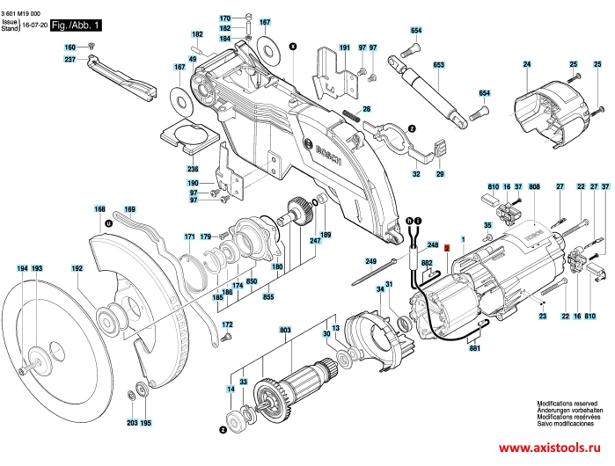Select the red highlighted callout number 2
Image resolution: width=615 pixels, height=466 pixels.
tap(447, 249)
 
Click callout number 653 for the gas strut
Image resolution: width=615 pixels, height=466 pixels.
tap(438, 64)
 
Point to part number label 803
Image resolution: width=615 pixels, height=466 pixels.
tap(285, 330)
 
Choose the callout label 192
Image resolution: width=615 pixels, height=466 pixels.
tap(77, 268)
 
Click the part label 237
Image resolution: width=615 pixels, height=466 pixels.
tap(70, 59)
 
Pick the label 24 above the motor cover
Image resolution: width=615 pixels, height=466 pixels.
tap(527, 64)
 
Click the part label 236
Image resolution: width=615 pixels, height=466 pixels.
tap(193, 168)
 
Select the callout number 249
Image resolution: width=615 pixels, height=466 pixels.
tap(370, 262)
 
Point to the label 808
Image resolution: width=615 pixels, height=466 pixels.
tap(534, 187)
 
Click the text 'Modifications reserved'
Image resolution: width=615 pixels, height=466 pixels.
tap(565, 404)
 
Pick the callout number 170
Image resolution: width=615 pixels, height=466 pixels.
tap(224, 18)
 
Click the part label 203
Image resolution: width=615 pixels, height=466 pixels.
tap(132, 423)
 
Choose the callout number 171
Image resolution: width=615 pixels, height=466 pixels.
tap(189, 237)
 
